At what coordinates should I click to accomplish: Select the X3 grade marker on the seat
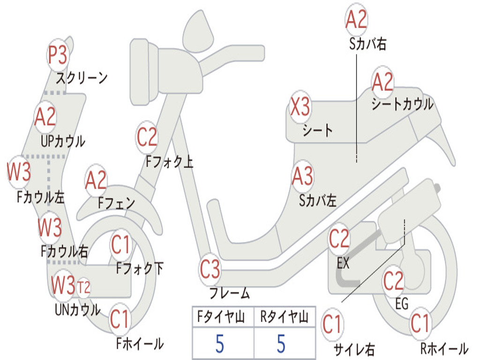tap(300, 107)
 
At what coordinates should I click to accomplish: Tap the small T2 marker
tap(83, 287)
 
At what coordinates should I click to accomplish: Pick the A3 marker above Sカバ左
tap(302, 177)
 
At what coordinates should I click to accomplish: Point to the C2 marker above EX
tap(339, 240)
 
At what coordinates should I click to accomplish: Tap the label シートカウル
tap(402, 104)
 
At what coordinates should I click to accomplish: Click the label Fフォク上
tap(169, 162)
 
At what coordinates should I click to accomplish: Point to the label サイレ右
tap(354, 349)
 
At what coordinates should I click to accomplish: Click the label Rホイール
tap(443, 349)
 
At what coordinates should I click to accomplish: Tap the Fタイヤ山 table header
tap(222, 318)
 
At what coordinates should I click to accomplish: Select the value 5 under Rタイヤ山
tap(281, 344)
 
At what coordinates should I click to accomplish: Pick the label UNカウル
tap(77, 309)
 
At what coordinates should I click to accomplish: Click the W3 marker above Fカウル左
tap(19, 172)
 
